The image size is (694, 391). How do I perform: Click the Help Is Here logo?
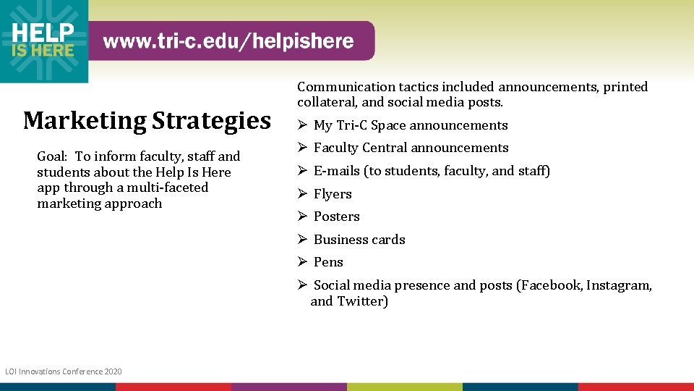[43, 41]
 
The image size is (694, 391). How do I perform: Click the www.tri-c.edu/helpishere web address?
[228, 41]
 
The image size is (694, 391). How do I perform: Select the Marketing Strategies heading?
[147, 120]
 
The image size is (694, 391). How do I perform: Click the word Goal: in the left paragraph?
[52, 156]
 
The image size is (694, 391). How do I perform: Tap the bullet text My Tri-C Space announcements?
[410, 125]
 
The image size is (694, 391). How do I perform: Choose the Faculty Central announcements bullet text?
[411, 148]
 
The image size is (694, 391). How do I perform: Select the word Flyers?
[333, 194]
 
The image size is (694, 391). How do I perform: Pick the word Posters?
[336, 216]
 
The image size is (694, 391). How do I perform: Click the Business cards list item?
[359, 240]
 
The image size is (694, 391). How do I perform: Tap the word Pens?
[328, 262]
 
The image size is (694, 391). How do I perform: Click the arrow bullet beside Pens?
[303, 262]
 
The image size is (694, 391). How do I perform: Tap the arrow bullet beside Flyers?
[303, 194]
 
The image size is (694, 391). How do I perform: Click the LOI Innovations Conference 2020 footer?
[64, 371]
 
